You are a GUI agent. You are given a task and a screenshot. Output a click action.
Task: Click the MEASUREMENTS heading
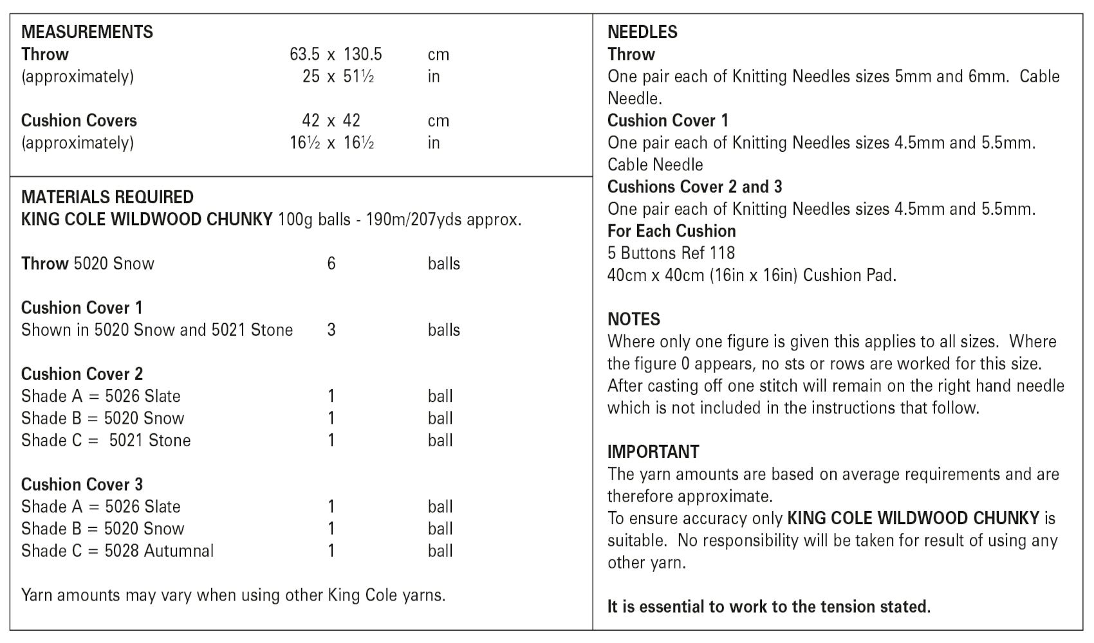(x=87, y=32)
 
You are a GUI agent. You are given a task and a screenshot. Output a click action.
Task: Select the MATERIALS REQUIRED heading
(x=107, y=197)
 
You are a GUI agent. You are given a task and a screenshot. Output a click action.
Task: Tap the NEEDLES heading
(x=642, y=32)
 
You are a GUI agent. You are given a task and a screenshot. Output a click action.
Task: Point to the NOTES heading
(x=634, y=319)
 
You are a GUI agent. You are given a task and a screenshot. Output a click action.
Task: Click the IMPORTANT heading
(x=653, y=451)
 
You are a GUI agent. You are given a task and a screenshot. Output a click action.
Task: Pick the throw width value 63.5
(x=304, y=54)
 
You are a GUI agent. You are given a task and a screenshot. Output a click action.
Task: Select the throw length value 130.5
(x=362, y=54)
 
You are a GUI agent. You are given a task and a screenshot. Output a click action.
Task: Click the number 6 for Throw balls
(x=331, y=264)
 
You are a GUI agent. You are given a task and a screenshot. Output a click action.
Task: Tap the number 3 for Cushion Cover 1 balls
(x=331, y=330)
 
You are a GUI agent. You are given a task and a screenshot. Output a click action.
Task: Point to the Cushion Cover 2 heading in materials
(x=82, y=374)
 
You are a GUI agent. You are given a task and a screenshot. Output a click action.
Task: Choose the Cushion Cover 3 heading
(x=82, y=484)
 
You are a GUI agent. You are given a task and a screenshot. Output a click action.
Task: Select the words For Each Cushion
(x=671, y=231)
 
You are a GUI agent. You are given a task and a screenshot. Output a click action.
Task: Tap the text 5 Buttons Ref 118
(x=671, y=253)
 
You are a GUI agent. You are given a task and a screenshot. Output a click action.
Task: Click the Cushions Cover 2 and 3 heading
(x=694, y=186)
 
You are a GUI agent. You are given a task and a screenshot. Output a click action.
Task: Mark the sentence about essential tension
(x=768, y=606)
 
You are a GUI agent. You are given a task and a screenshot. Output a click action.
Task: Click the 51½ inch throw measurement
(x=358, y=77)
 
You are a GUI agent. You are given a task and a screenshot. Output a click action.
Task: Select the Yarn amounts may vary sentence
(x=233, y=595)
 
